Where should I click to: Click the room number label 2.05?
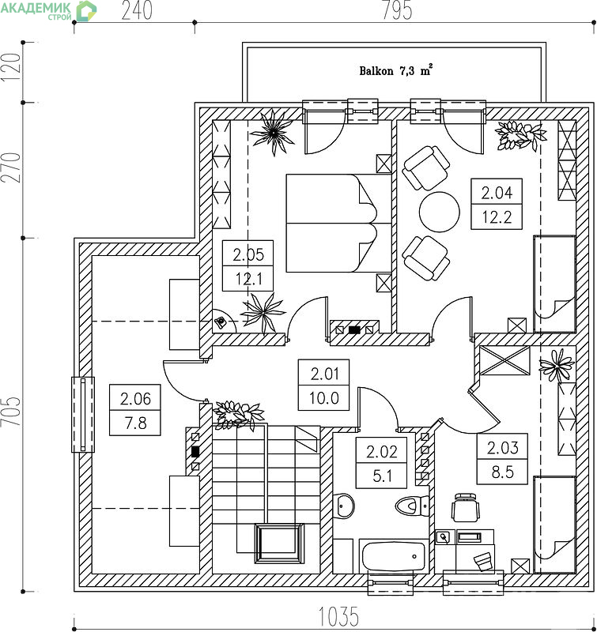[x=248, y=254]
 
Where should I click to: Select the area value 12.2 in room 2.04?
[x=497, y=217]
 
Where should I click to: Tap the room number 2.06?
[x=135, y=399]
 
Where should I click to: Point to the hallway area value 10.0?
[x=324, y=398]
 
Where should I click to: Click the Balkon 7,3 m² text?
[x=395, y=70]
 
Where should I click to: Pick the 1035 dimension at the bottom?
[x=339, y=616]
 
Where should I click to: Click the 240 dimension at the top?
[x=137, y=10]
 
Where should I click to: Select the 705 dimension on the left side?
[x=10, y=412]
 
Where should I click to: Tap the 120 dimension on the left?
[x=10, y=67]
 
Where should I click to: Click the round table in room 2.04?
[x=440, y=212]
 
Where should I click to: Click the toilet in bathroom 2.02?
[x=412, y=506]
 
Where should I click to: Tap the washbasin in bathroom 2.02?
[x=343, y=505]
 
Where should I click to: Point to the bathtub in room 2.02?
[x=393, y=557]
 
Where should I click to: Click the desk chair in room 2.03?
[x=466, y=507]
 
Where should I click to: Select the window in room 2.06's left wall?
[x=83, y=414]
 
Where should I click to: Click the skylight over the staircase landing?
[x=279, y=544]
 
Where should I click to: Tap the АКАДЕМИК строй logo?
[x=48, y=10]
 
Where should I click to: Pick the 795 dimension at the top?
[x=397, y=10]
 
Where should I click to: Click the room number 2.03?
[x=502, y=447]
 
